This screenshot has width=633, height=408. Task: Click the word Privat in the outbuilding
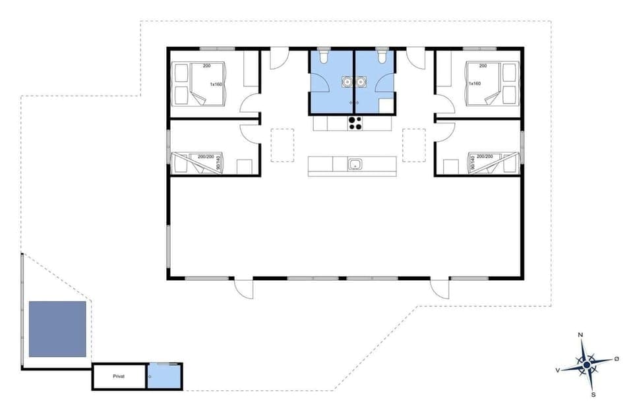119,376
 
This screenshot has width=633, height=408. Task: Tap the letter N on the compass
580,335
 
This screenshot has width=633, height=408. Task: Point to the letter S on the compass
593,394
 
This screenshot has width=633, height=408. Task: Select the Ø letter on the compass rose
617,358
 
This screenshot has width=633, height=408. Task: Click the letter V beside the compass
558,370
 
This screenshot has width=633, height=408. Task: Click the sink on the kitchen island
355,164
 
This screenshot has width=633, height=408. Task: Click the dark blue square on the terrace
58,329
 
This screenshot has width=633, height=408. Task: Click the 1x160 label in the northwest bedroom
216,84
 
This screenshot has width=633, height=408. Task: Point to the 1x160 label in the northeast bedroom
474,84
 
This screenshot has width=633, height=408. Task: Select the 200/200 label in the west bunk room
205,156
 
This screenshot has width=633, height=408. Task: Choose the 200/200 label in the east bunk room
485,156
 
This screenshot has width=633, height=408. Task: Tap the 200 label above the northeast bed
483,66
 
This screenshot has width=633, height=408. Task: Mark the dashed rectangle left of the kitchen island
282,145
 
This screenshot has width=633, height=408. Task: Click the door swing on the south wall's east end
439,289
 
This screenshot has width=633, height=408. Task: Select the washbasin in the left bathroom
347,82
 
